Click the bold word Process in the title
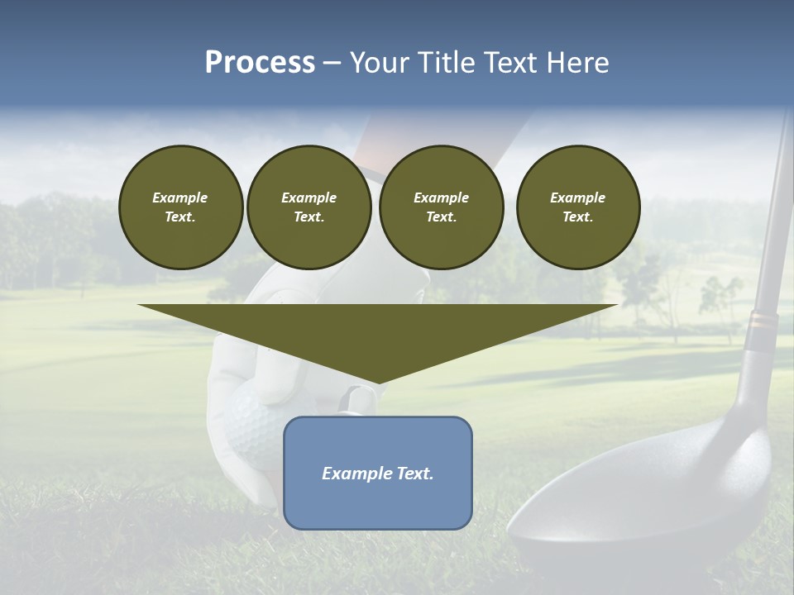coord(260,63)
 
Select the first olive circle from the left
coord(180,207)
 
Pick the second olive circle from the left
coord(309,207)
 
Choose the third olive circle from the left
coord(441,207)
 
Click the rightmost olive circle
coord(578,207)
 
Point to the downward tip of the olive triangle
coord(378,382)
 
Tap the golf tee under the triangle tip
coord(356,402)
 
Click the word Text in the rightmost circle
coord(578,217)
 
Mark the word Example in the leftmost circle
coord(180,198)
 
